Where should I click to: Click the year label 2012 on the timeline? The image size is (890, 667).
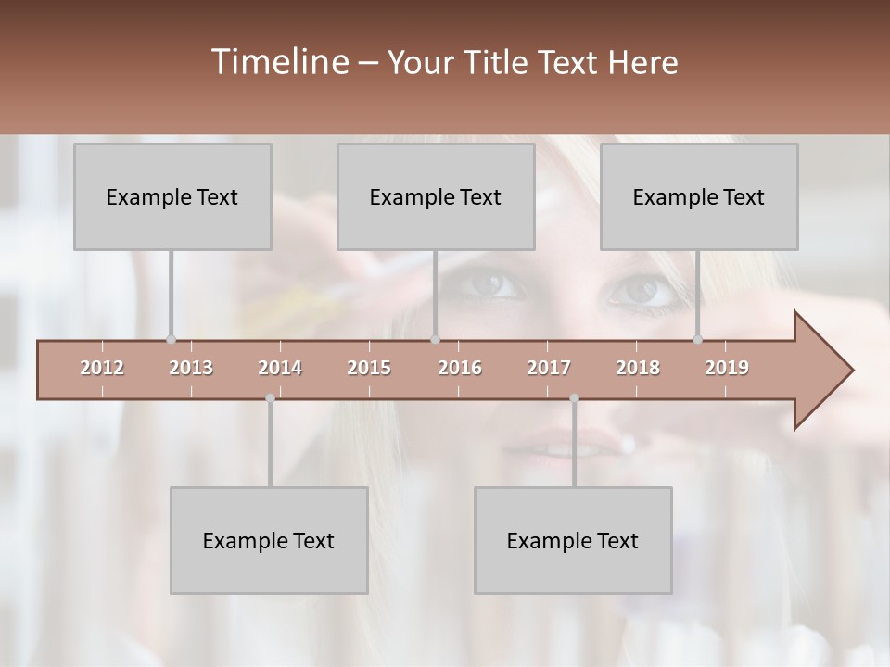[102, 368]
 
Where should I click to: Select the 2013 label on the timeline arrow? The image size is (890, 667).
[191, 368]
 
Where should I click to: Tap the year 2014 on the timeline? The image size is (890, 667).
[280, 368]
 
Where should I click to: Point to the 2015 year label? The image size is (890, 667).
[369, 368]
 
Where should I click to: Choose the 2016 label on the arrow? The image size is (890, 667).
[460, 368]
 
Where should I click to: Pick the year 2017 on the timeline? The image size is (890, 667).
[549, 368]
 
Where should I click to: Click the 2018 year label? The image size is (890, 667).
[638, 368]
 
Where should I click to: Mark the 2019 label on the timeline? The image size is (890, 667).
[727, 368]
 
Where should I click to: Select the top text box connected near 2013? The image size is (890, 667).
[172, 196]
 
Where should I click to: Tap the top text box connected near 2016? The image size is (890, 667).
[436, 196]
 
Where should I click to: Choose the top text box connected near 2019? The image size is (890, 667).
[699, 196]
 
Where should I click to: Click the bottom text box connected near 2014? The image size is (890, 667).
[269, 540]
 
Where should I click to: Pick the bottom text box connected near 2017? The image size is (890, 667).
[573, 540]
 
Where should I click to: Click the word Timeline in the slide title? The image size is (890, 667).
[279, 62]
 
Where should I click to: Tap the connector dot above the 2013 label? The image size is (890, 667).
[171, 340]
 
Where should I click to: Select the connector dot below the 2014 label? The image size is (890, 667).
[270, 398]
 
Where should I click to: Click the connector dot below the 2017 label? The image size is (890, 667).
[574, 398]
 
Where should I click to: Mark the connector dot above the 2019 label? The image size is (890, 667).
[698, 340]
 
